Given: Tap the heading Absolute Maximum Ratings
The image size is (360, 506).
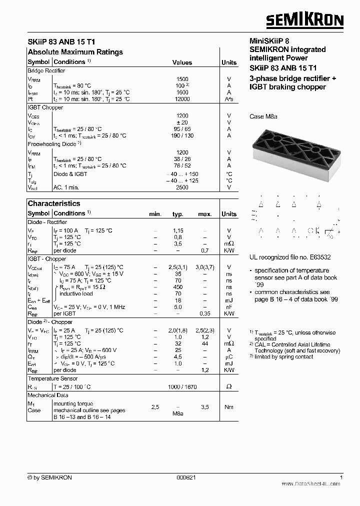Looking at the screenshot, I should pos(75,52).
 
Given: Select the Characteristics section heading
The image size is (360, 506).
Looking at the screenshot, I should pos(53,203).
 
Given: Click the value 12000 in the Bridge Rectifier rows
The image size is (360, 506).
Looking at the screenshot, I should pos(182,99).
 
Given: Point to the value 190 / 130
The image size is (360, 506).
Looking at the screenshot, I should pos(182,135).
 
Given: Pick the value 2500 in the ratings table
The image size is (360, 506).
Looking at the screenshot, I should pos(182,187).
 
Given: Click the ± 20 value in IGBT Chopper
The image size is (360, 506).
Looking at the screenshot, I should pos(182,122).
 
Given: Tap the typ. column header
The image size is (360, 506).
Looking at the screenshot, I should pos(178,214).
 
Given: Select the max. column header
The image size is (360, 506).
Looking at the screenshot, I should pos(205,214).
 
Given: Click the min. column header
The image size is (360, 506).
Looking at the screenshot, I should pos(155,214).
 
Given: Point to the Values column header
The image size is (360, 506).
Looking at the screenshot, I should pos(182,62).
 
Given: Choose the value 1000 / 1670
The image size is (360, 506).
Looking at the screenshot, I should pos(182,387).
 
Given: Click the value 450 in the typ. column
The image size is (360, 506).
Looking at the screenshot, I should pos(178,287).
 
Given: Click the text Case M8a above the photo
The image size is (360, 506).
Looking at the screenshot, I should pos(263,116).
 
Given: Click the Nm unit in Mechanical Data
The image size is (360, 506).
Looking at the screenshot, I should pos(229,407).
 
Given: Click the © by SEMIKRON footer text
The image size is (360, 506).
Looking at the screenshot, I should pos(49,477).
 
